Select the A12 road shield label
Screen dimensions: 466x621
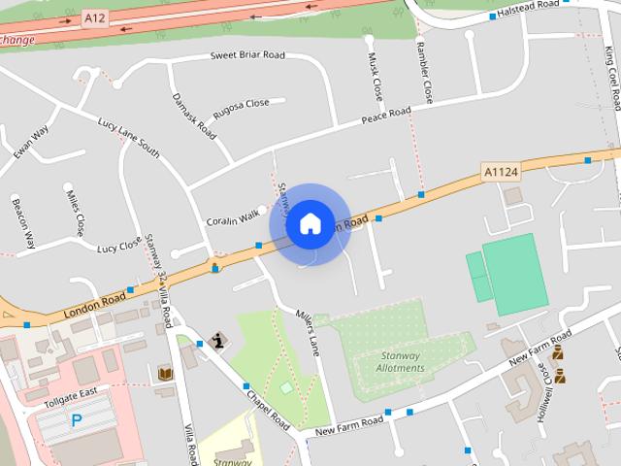94,17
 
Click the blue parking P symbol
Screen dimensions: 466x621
76,420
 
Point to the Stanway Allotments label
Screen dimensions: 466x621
400,362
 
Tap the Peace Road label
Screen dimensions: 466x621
386,116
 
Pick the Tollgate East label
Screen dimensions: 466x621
76,391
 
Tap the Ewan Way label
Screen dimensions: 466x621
31,143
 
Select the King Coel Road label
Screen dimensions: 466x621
610,83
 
